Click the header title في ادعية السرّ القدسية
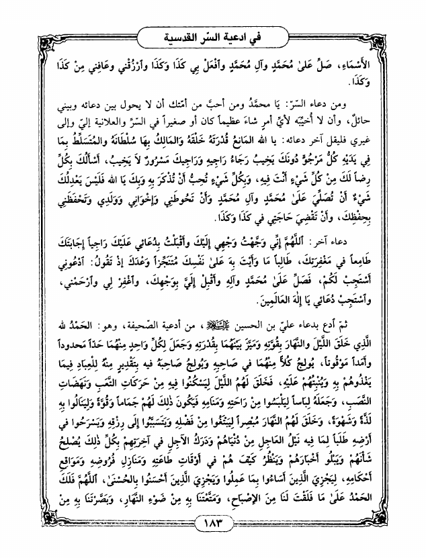(x=212, y=34)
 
